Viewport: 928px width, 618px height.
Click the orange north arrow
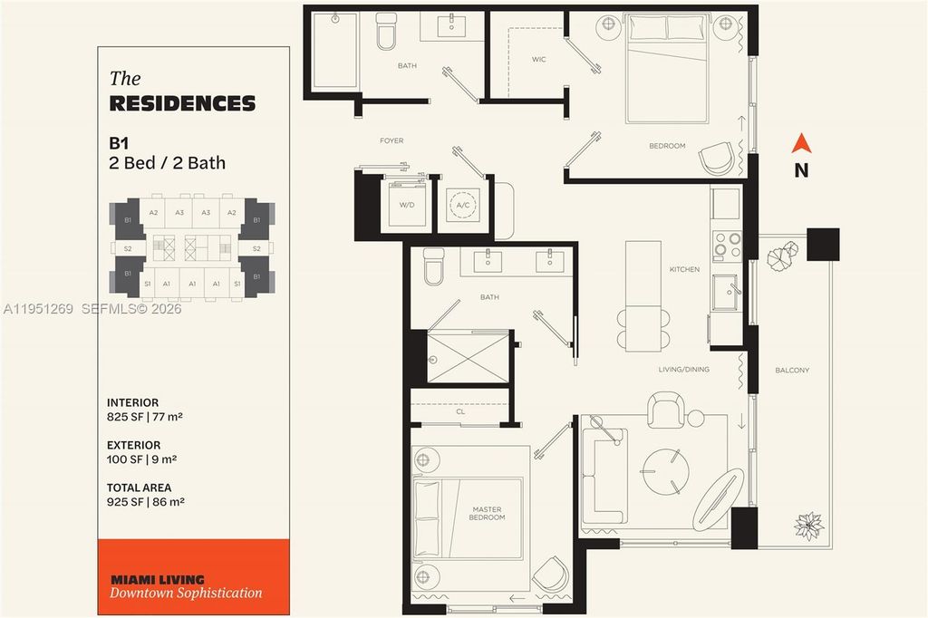click(800, 143)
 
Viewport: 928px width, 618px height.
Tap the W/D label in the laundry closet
click(406, 204)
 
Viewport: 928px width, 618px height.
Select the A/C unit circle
click(463, 206)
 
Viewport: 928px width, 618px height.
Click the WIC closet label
click(538, 60)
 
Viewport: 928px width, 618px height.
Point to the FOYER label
click(391, 140)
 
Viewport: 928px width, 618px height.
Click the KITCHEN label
click(684, 269)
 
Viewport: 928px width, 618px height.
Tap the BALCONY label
click(792, 370)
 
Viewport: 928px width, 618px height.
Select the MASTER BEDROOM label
click(487, 514)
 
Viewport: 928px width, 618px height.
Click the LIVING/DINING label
click(683, 369)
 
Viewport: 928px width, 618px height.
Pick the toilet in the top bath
click(387, 31)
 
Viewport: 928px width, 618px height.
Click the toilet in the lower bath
click(434, 266)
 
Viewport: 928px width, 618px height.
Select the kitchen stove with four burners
click(727, 245)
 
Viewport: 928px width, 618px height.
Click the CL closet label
click(460, 410)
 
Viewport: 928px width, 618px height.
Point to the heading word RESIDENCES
click(182, 103)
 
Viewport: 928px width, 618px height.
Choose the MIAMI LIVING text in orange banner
click(157, 579)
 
